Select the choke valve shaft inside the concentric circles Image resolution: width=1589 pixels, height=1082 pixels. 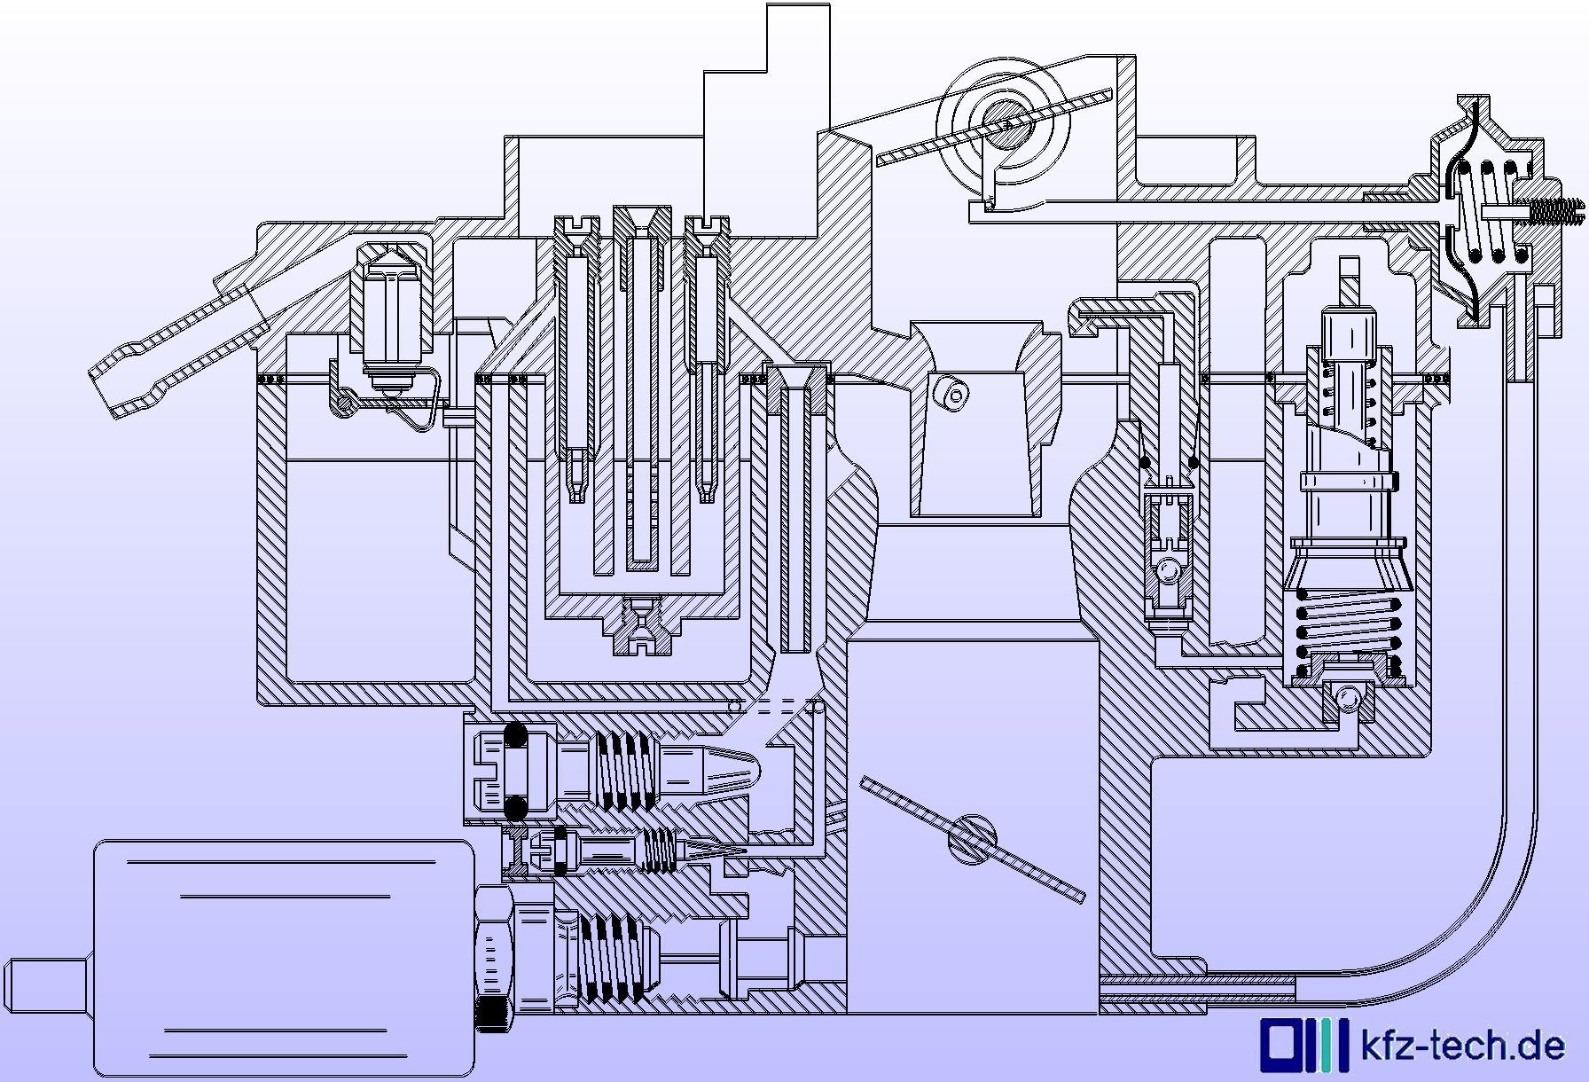tap(1007, 123)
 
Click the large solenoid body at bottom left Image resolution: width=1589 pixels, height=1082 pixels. tap(284, 958)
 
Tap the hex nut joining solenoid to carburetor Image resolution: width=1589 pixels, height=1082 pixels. tap(494, 958)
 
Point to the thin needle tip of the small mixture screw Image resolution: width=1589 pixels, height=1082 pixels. tap(718, 850)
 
